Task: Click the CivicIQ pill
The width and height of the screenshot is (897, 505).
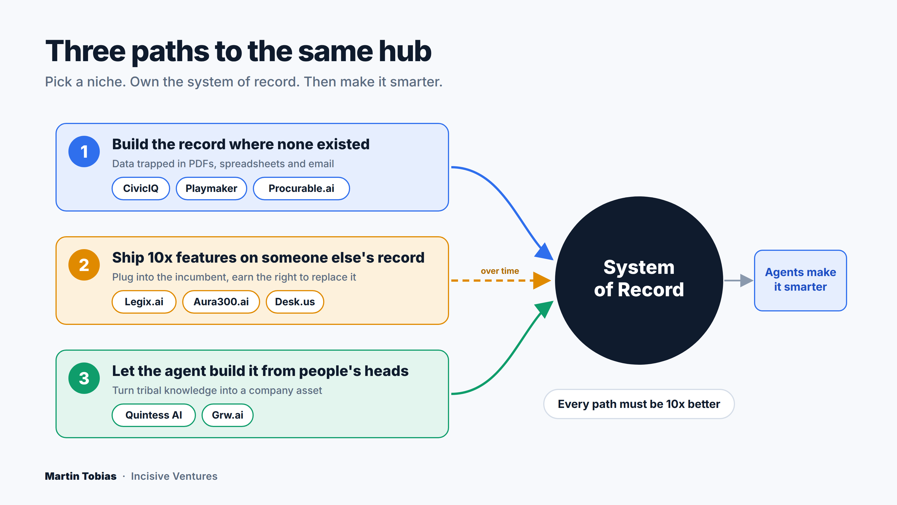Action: click(x=141, y=188)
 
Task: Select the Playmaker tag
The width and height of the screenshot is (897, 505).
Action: click(x=211, y=188)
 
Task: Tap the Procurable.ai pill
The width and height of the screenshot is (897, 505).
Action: click(x=301, y=188)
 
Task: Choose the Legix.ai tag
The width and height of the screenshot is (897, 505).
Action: click(x=144, y=302)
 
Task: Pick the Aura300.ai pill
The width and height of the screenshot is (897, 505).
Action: click(x=221, y=302)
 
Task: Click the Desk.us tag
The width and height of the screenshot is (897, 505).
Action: click(x=295, y=302)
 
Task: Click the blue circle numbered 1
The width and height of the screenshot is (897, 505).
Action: click(x=84, y=151)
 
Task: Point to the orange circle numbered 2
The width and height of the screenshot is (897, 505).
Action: click(x=84, y=265)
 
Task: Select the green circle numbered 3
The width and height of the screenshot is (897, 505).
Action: click(x=84, y=378)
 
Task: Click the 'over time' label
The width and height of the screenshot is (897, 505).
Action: click(x=500, y=271)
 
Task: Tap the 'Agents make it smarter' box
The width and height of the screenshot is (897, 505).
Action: click(x=800, y=280)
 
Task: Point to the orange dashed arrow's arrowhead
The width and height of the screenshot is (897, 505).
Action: click(x=542, y=280)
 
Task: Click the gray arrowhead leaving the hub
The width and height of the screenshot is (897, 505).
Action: click(x=746, y=280)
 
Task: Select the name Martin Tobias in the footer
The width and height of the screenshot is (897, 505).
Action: click(x=81, y=476)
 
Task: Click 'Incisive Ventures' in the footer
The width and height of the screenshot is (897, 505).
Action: click(x=174, y=476)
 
